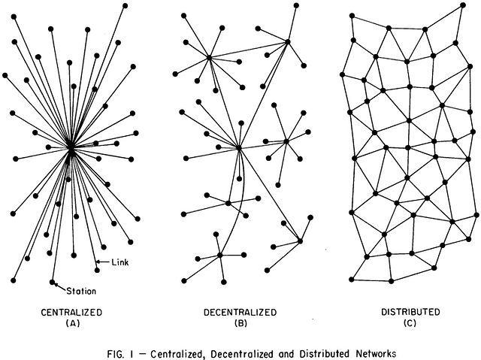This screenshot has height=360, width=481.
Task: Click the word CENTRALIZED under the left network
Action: click(71, 313)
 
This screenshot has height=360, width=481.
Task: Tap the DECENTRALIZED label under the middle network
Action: click(240, 313)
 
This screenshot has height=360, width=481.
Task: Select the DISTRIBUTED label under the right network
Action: click(410, 312)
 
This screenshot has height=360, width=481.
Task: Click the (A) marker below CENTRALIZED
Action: click(73, 323)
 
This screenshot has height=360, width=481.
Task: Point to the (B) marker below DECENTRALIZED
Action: click(240, 323)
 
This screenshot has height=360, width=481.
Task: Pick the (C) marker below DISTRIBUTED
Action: click(410, 323)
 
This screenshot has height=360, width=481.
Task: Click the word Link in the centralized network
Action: click(120, 262)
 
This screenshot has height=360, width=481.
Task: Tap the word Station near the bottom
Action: click(81, 291)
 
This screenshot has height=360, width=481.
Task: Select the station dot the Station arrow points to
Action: click(52, 282)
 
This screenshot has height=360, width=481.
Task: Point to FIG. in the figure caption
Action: click(116, 354)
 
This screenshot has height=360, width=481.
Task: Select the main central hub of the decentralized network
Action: click(239, 148)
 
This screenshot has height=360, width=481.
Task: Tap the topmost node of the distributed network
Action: click(463, 5)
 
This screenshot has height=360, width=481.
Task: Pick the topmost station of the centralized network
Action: click(125, 5)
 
